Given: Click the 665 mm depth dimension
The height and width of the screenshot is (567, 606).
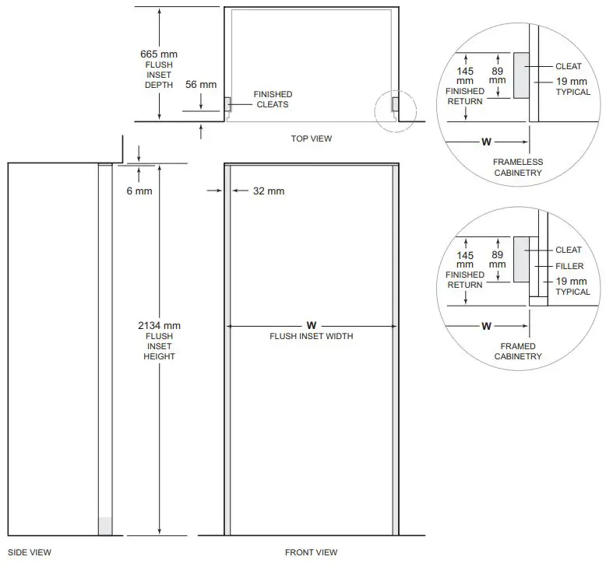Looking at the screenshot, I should (x=158, y=54).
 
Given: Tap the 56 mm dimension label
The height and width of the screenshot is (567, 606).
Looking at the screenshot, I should (x=200, y=85).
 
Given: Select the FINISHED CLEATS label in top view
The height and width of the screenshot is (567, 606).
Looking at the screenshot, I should (x=272, y=100).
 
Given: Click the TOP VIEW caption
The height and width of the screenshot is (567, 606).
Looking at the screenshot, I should (x=311, y=139).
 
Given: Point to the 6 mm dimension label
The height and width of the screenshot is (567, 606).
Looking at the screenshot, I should (x=139, y=191).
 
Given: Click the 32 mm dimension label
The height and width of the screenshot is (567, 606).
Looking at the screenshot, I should (x=269, y=191).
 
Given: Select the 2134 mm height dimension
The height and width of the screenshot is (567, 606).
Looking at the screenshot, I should (x=159, y=325).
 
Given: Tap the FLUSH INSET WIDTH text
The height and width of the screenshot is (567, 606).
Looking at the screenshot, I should (x=311, y=336).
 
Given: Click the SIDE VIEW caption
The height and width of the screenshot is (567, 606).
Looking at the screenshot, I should (x=29, y=553).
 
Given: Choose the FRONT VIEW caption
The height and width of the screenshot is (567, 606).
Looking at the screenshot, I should (x=311, y=553).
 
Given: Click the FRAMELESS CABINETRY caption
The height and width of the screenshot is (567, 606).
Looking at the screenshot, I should (x=518, y=167).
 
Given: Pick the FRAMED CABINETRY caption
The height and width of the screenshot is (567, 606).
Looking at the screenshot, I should (x=518, y=352).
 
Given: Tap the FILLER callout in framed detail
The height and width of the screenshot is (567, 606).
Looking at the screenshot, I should (x=569, y=266).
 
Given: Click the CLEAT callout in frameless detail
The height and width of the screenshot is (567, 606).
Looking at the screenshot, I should (x=569, y=66).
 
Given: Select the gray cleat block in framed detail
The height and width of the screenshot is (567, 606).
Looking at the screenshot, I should (x=520, y=259).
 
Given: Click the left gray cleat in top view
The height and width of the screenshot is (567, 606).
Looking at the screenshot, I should (x=227, y=103).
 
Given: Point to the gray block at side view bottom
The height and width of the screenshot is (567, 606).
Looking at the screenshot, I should (x=104, y=526).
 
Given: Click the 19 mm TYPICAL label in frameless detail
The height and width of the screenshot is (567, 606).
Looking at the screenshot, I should (x=573, y=86).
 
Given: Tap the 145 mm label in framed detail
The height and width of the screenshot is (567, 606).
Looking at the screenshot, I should (x=465, y=260).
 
